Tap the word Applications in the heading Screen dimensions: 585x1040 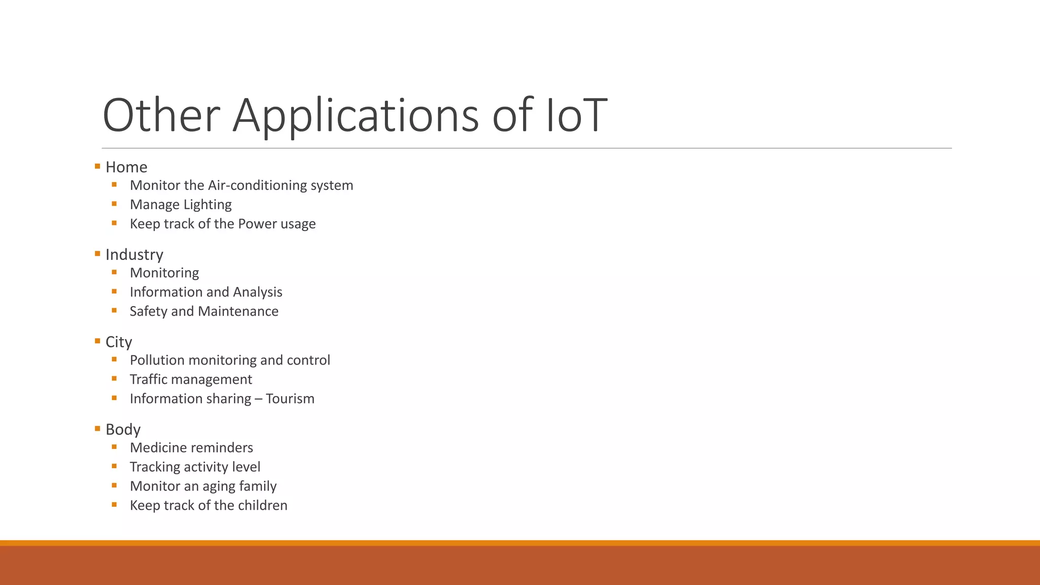pyautogui.click(x=355, y=116)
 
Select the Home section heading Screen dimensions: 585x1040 pyautogui.click(x=126, y=167)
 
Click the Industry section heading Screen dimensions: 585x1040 pyautogui.click(x=135, y=254)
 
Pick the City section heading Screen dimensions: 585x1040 pyautogui.click(x=119, y=342)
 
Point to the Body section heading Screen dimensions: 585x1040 pyautogui.click(x=123, y=430)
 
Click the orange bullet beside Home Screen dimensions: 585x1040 pyautogui.click(x=97, y=166)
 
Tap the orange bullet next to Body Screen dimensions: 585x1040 pyautogui.click(x=97, y=429)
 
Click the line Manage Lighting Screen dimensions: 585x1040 pyautogui.click(x=181, y=205)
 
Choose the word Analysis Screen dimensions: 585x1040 pyautogui.click(x=257, y=292)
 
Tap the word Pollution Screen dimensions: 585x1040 pyautogui.click(x=157, y=360)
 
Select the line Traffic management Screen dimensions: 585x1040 pyautogui.click(x=191, y=379)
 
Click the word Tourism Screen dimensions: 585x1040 pyautogui.click(x=290, y=399)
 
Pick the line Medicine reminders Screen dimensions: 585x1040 pyautogui.click(x=191, y=447)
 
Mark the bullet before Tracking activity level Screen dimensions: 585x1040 pyautogui.click(x=114, y=466)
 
